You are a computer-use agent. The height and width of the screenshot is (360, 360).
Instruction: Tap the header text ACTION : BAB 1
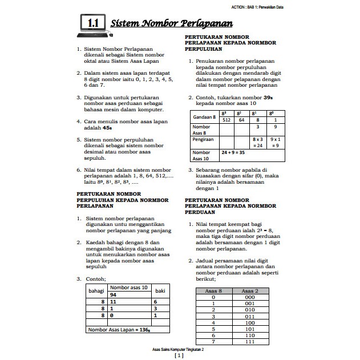point(257,7)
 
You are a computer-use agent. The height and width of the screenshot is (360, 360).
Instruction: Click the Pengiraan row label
point(204,138)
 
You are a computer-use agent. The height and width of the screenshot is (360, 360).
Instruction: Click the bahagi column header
point(94,291)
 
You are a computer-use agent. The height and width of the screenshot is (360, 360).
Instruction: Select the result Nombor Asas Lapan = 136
point(120,330)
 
